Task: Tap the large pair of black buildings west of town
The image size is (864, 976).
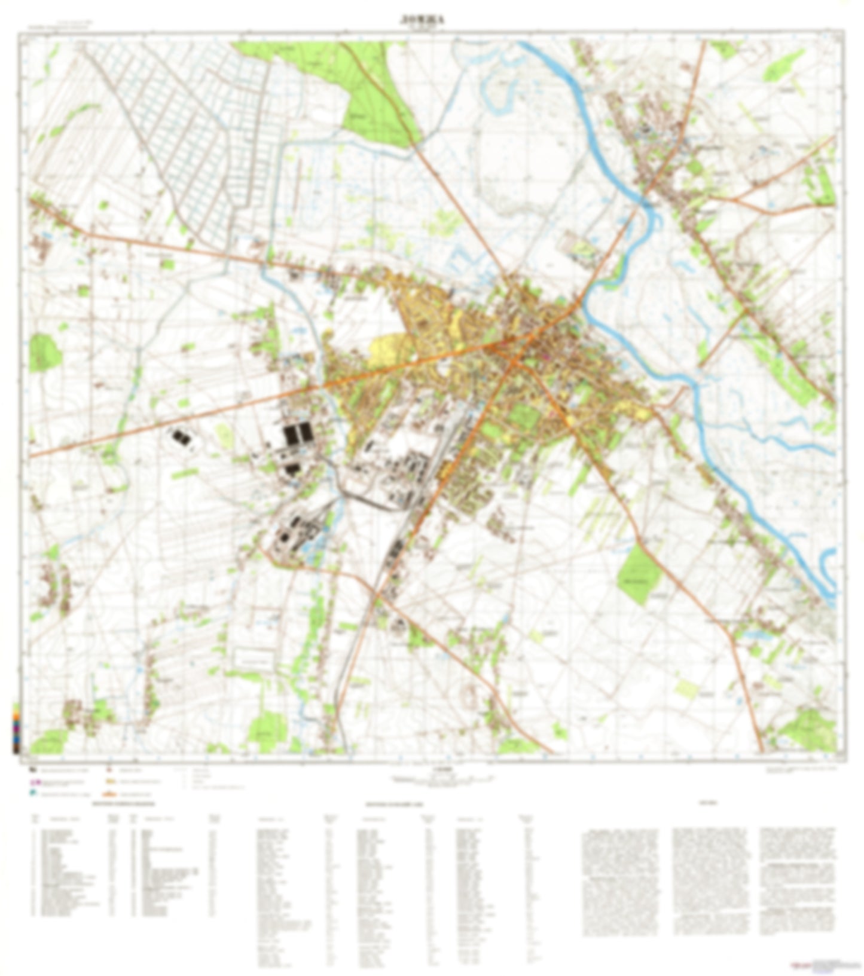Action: pyautogui.click(x=298, y=433)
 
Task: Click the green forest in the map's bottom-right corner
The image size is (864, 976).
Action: pyautogui.click(x=807, y=732)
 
